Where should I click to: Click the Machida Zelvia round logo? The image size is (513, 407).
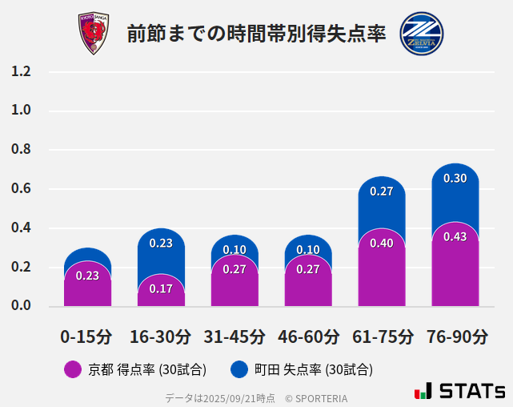pyautogui.click(x=421, y=34)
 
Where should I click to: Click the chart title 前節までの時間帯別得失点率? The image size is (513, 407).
pyautogui.click(x=256, y=34)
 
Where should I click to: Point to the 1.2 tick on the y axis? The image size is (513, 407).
pyautogui.click(x=22, y=72)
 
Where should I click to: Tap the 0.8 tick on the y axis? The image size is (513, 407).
pyautogui.click(x=22, y=150)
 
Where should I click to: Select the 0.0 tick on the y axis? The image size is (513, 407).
pyautogui.click(x=22, y=306)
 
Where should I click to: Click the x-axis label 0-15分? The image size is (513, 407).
pyautogui.click(x=86, y=336)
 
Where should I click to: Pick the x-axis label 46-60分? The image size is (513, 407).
pyautogui.click(x=308, y=336)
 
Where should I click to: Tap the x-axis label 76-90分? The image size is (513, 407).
pyautogui.click(x=455, y=336)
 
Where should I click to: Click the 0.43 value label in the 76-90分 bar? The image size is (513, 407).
pyautogui.click(x=455, y=237)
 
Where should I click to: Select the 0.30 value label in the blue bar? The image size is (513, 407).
pyautogui.click(x=455, y=179)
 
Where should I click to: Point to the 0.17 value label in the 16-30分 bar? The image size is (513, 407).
pyautogui.click(x=161, y=288)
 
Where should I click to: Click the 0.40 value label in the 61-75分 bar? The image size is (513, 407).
pyautogui.click(x=382, y=244)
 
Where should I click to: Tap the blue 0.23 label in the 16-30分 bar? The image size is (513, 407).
pyautogui.click(x=161, y=244)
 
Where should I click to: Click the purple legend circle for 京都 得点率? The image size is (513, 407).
pyautogui.click(x=73, y=369)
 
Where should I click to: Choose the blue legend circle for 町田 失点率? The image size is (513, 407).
pyautogui.click(x=238, y=369)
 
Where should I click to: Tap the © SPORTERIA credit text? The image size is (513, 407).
pyautogui.click(x=316, y=398)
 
